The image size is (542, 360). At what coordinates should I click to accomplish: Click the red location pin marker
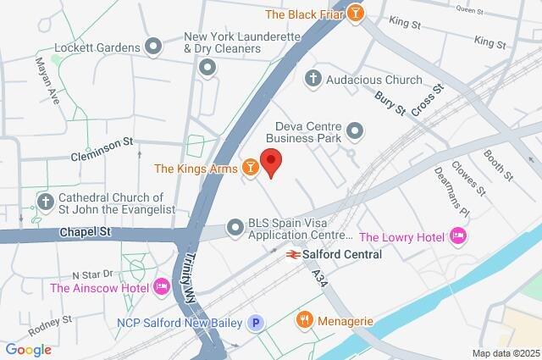[x=270, y=162]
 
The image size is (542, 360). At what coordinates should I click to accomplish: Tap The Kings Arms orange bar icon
[x=250, y=169]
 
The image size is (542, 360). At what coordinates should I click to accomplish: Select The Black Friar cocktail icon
[x=357, y=14]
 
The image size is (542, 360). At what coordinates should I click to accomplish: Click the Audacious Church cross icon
[x=312, y=80]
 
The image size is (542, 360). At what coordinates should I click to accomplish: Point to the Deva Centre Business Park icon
[x=355, y=130]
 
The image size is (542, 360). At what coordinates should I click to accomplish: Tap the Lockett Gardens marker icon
[x=153, y=47]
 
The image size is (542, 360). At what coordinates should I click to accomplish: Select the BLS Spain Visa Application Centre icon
[x=235, y=227]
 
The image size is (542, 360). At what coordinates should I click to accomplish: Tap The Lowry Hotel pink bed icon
[x=458, y=235]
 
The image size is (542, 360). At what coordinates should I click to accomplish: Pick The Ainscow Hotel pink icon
[x=161, y=288]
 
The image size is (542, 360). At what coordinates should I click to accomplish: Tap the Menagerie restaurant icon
[x=303, y=320]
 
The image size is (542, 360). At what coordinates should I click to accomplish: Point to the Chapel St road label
[x=85, y=231]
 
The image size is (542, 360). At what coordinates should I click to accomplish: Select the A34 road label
[x=318, y=278]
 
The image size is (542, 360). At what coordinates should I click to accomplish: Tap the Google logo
[x=28, y=350]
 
